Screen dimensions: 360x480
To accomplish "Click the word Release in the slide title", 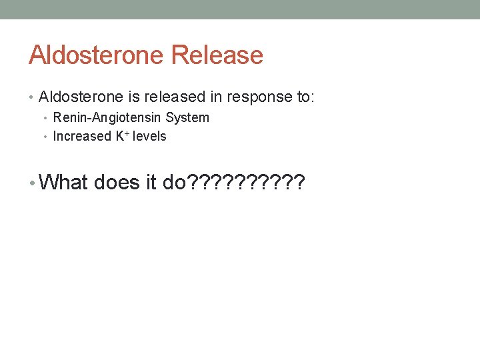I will point(217,55).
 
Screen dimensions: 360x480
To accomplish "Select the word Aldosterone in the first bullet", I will point(81,97).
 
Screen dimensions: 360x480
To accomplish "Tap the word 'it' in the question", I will point(151,182).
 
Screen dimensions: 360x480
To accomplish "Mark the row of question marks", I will point(247,182).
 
